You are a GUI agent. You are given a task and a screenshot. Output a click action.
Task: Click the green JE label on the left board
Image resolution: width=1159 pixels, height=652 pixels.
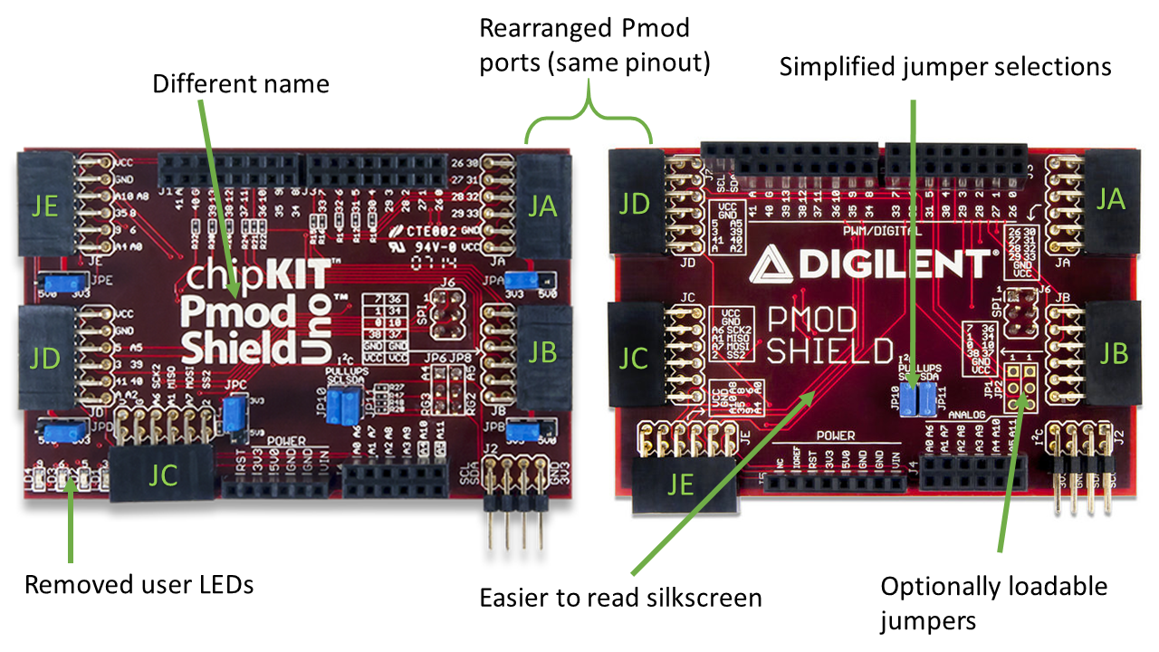[44, 207]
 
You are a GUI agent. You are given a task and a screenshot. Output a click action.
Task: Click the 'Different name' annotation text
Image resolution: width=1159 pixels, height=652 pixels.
[240, 84]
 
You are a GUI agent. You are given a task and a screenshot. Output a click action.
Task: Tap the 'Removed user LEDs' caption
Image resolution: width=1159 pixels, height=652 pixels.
[139, 584]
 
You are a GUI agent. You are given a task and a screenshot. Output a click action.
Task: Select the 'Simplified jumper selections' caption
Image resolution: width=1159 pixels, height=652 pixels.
[945, 66]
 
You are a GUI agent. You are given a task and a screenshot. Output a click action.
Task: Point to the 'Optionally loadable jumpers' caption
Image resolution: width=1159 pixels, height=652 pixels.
[993, 603]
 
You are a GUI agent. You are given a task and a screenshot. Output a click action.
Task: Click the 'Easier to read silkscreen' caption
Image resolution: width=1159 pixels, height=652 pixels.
[620, 598]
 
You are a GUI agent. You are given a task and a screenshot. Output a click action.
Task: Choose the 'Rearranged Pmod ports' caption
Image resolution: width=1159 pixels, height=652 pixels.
[595, 46]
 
